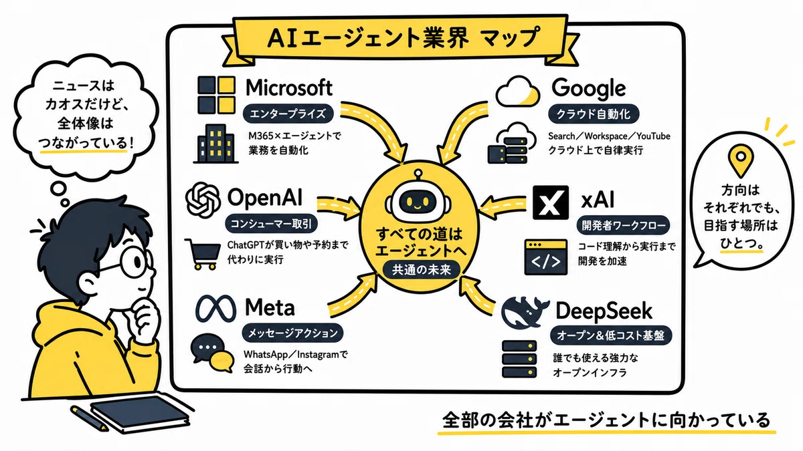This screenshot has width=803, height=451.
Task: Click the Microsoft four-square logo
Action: pyautogui.click(x=216, y=95)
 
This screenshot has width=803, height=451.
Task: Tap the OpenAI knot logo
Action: pyautogui.click(x=203, y=200)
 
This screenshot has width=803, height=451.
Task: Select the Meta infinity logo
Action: pyautogui.click(x=215, y=309)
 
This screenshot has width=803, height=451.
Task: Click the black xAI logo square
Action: pyautogui.click(x=551, y=202)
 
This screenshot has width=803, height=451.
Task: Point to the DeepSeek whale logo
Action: pyautogui.click(x=525, y=312)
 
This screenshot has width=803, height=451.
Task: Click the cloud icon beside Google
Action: pyautogui.click(x=518, y=92)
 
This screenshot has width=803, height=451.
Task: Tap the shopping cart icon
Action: pyautogui.click(x=203, y=254)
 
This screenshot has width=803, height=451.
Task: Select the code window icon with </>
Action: pyautogui.click(x=545, y=257)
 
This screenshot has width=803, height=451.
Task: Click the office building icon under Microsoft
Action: pyautogui.click(x=215, y=144)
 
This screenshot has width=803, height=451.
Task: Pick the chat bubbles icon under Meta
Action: pyautogui.click(x=212, y=353)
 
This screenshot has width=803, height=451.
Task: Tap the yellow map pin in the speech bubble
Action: pyautogui.click(x=741, y=160)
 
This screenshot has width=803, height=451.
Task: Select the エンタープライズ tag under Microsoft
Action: pyautogui.click(x=288, y=114)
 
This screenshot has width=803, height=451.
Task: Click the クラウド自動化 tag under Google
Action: pyautogui.click(x=594, y=114)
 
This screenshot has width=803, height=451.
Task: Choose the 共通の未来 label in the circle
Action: pyautogui.click(x=421, y=269)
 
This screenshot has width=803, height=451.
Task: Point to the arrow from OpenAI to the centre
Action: pyautogui.click(x=339, y=208)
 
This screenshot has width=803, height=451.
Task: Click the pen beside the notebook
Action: pyautogui.click(x=89, y=418)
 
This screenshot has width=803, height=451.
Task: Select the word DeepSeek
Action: pyautogui.click(x=604, y=311)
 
